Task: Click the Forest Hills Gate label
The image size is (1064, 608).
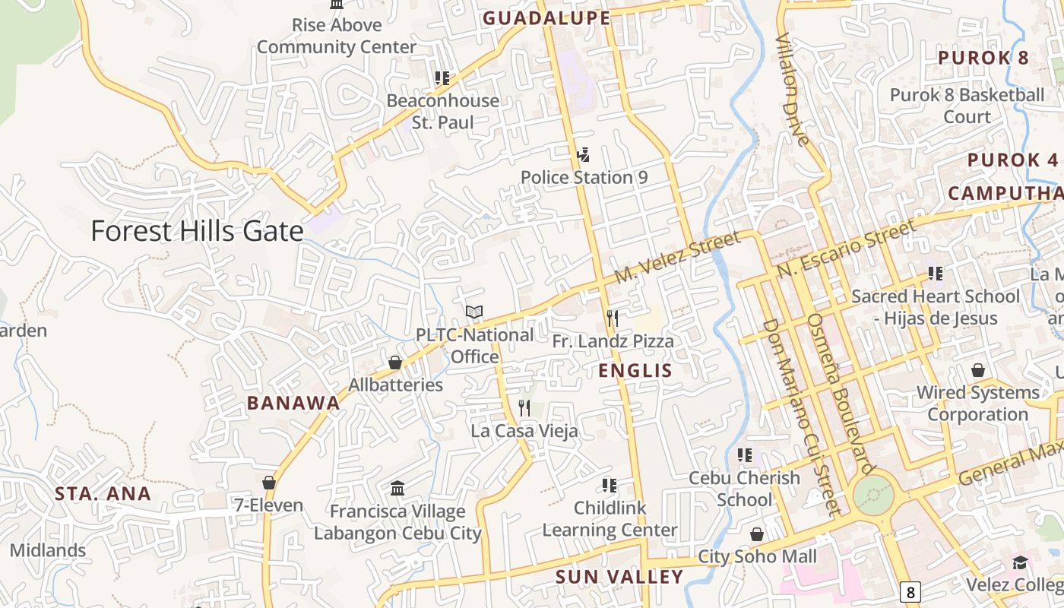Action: click(197, 230)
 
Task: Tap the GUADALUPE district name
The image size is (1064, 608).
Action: click(546, 18)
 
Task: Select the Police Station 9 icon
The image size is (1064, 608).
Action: click(583, 155)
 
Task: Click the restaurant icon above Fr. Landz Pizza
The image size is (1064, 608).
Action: click(612, 318)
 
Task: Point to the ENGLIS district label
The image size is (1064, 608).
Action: click(635, 371)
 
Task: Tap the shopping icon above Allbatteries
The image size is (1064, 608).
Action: click(395, 363)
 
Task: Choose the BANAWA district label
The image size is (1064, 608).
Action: click(293, 403)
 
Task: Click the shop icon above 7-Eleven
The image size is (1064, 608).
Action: click(268, 483)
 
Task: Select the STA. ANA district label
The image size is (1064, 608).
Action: click(103, 493)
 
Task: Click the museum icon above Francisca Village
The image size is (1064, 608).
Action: click(397, 488)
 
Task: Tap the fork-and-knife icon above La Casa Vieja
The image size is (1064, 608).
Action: click(524, 408)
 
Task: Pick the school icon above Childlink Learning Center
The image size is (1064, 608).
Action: click(609, 485)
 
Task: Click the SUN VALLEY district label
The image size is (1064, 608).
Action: click(619, 577)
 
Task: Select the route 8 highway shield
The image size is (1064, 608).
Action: click(910, 592)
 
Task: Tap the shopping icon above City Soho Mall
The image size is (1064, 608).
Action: click(757, 534)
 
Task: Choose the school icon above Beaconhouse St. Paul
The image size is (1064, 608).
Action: click(442, 78)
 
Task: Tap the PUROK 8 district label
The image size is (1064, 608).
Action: click(983, 58)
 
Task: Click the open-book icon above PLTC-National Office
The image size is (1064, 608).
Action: click(474, 312)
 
